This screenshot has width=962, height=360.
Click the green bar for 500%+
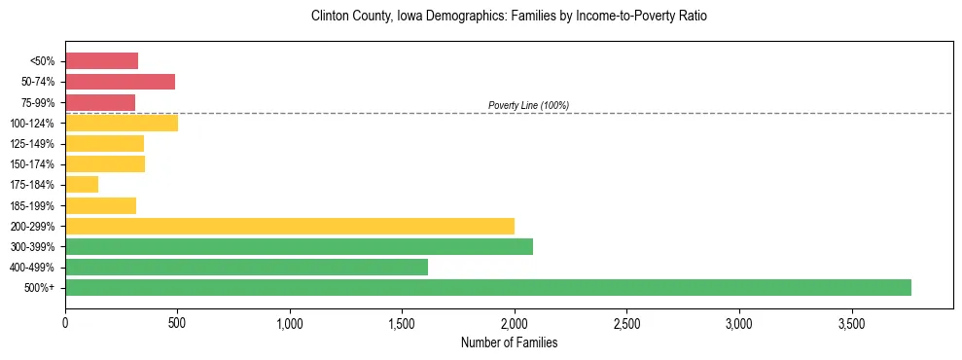coord(487,287)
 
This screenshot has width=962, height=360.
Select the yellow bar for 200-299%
coord(290,226)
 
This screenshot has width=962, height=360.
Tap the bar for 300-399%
coord(299,246)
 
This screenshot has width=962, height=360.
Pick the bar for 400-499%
coord(246,267)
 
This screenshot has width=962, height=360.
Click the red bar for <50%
coord(101,60)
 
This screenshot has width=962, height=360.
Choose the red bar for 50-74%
coord(120,82)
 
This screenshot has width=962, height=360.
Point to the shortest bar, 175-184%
coord(82,184)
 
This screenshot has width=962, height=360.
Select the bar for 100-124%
coord(122,123)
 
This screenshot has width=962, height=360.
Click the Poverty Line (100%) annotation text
coord(528,105)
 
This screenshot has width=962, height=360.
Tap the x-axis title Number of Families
coord(509,342)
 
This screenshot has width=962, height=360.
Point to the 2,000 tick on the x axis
coord(515,322)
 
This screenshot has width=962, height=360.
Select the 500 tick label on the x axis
coord(177,322)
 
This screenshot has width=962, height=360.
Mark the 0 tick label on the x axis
coord(65,322)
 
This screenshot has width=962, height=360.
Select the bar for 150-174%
coord(105,163)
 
